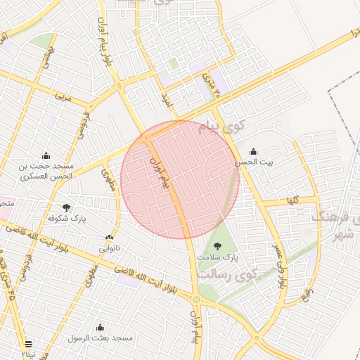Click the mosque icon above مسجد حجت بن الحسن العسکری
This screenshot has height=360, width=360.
point(46,155)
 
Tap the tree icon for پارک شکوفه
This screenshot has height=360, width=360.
point(66,207)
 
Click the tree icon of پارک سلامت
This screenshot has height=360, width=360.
point(217,246)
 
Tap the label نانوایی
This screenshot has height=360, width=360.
point(108,249)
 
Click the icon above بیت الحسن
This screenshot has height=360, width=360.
point(253,151)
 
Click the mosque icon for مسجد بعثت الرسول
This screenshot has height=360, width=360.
point(100,327)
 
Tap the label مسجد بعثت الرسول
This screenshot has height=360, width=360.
point(100,338)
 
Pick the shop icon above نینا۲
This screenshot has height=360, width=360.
point(28,344)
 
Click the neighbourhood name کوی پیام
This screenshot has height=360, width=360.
point(221,128)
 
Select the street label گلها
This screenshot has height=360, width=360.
point(291,200)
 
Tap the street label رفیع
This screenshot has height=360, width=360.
point(307,292)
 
